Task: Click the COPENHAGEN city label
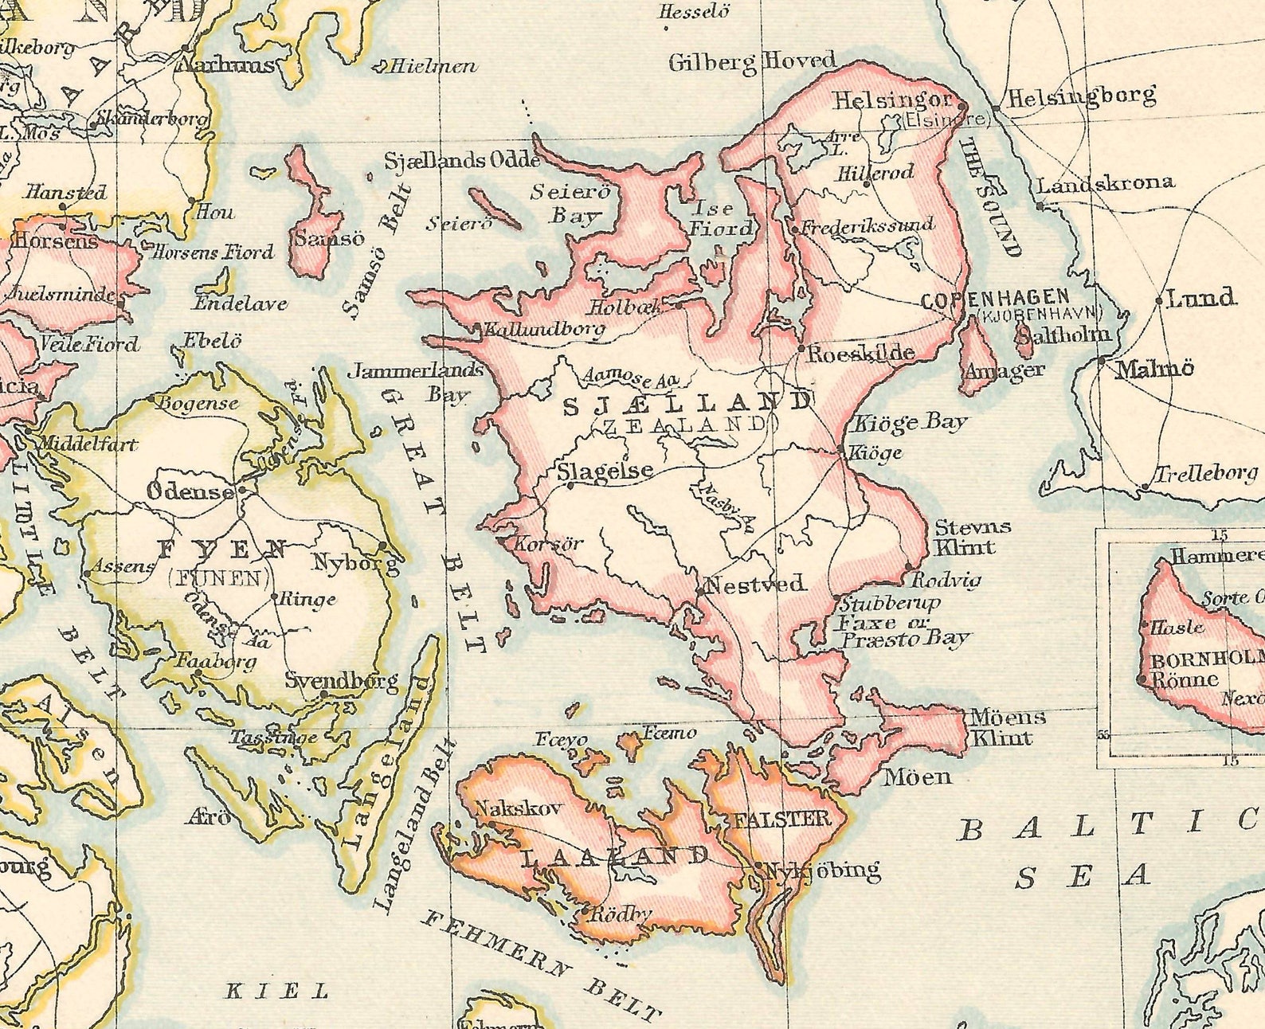click(x=994, y=299)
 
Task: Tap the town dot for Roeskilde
click(x=801, y=348)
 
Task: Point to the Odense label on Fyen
click(x=190, y=491)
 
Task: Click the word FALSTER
click(x=782, y=819)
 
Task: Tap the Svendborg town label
click(x=341, y=681)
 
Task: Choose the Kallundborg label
click(x=545, y=328)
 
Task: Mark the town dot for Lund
click(x=1159, y=301)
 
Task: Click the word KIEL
click(x=277, y=992)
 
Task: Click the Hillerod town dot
click(x=867, y=184)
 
